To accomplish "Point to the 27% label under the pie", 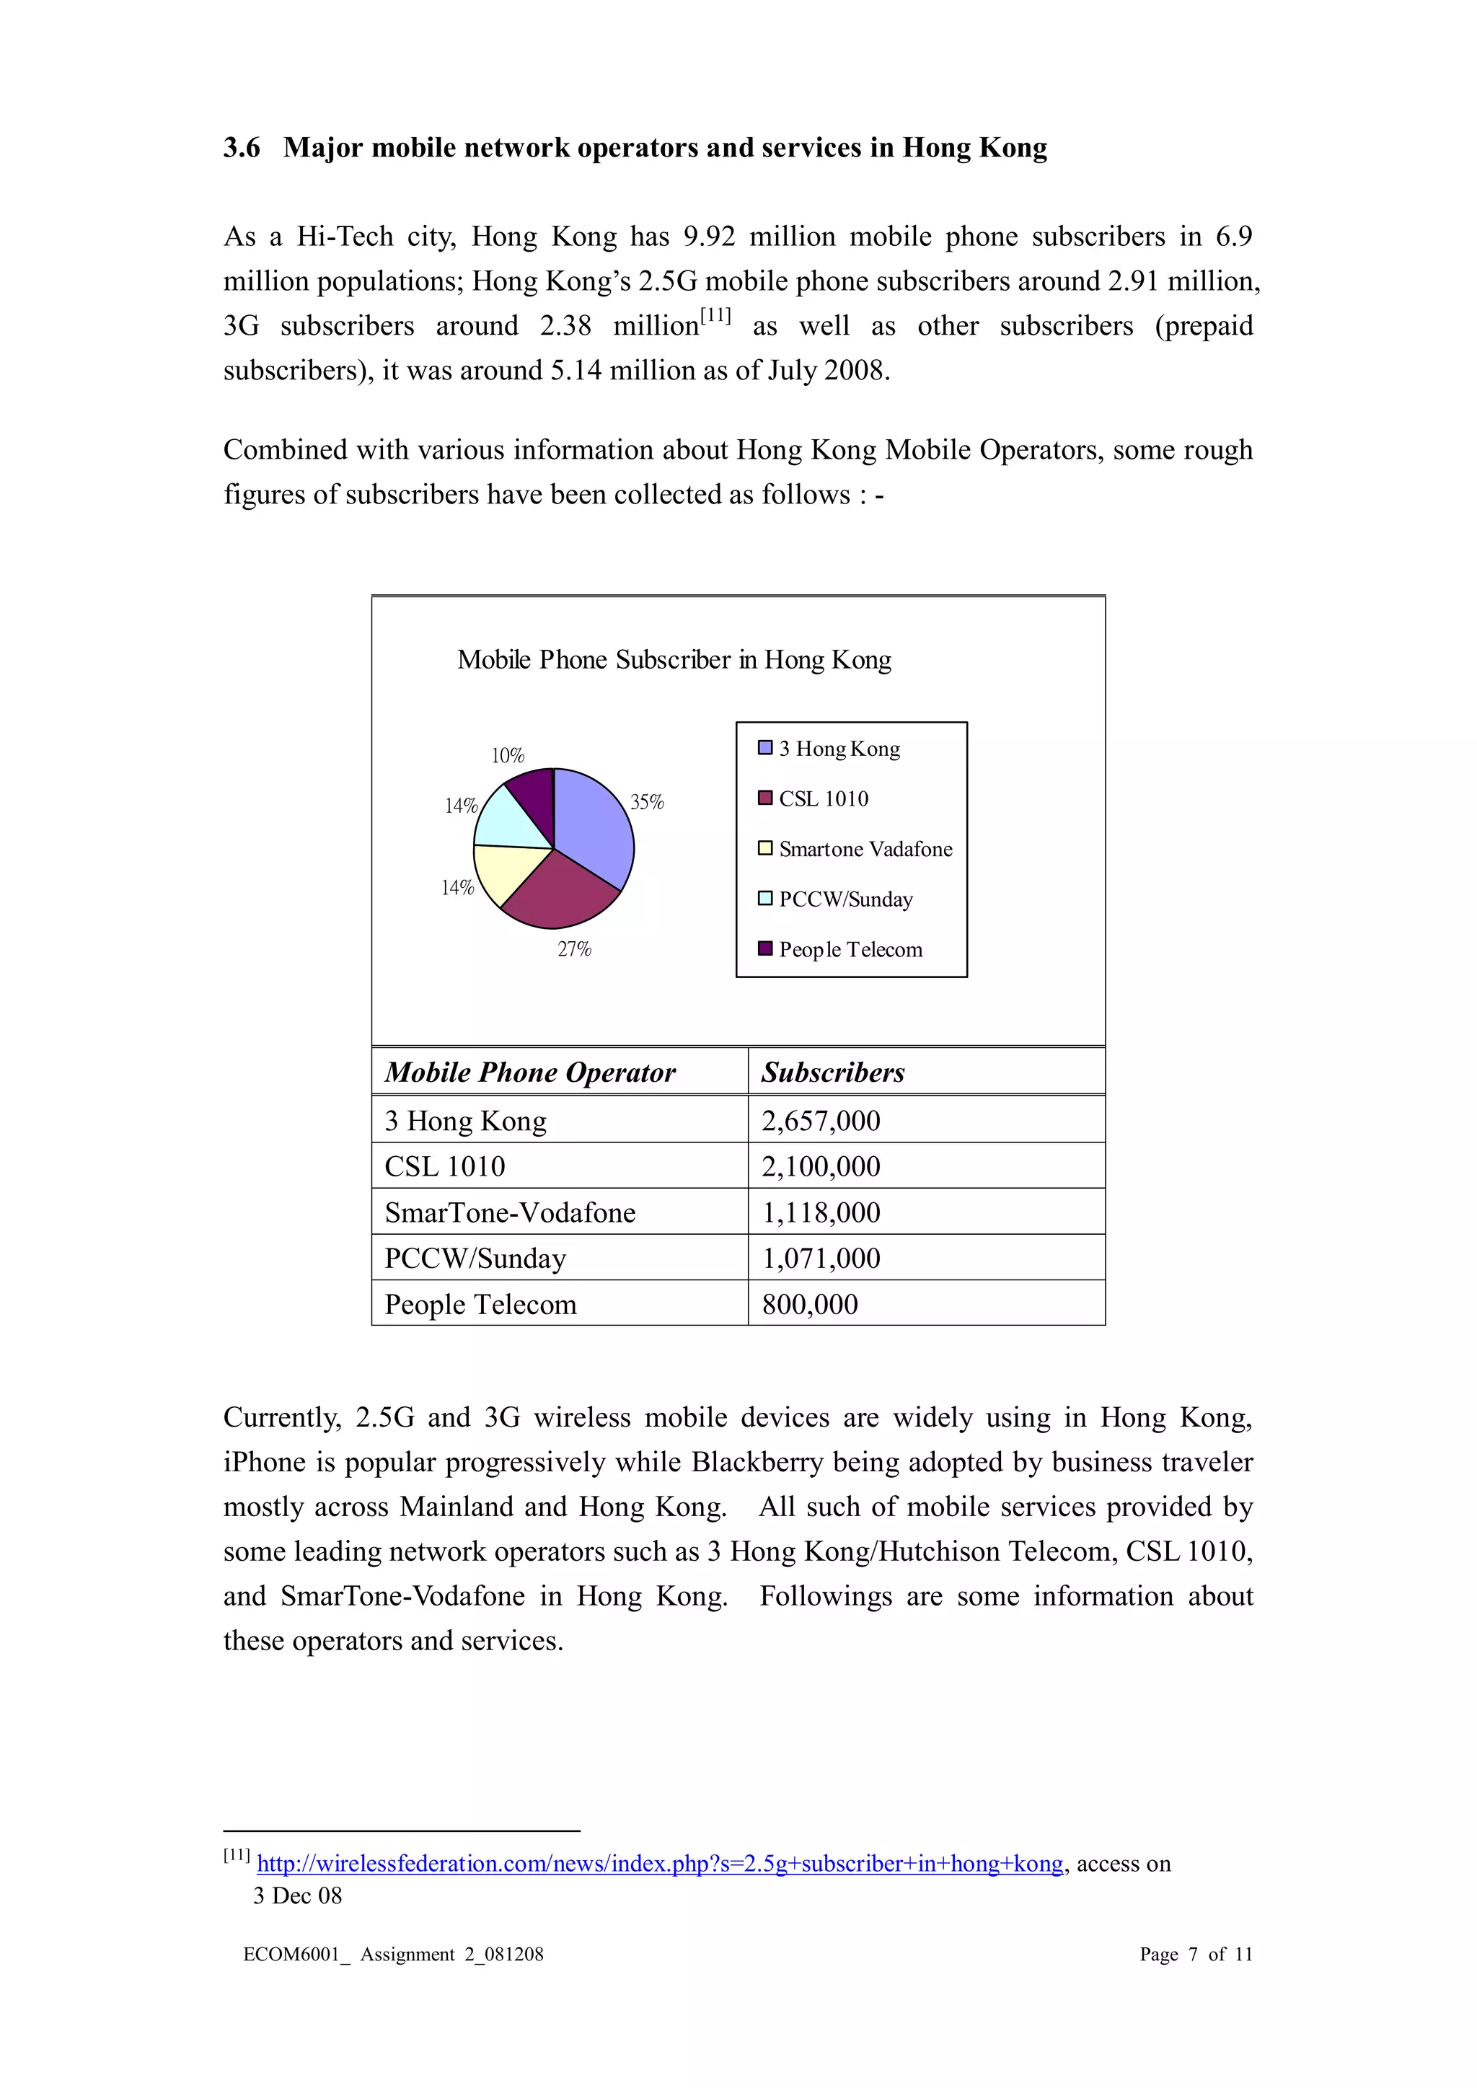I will pyautogui.click(x=574, y=949).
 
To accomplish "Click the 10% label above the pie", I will pyautogui.click(x=508, y=756).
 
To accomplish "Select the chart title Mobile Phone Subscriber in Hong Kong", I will pyautogui.click(x=674, y=659).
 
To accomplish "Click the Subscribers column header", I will pyautogui.click(x=832, y=1072).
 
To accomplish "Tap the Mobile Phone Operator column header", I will pyautogui.click(x=529, y=1072).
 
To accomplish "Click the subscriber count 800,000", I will pyautogui.click(x=809, y=1304).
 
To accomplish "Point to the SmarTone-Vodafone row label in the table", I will pyautogui.click(x=509, y=1212).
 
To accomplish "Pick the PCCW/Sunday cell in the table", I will pyautogui.click(x=475, y=1259).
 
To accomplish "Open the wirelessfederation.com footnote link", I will pyautogui.click(x=659, y=1864).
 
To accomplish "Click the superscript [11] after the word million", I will pyautogui.click(x=715, y=317).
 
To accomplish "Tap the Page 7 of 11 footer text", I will pyautogui.click(x=1195, y=1955).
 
